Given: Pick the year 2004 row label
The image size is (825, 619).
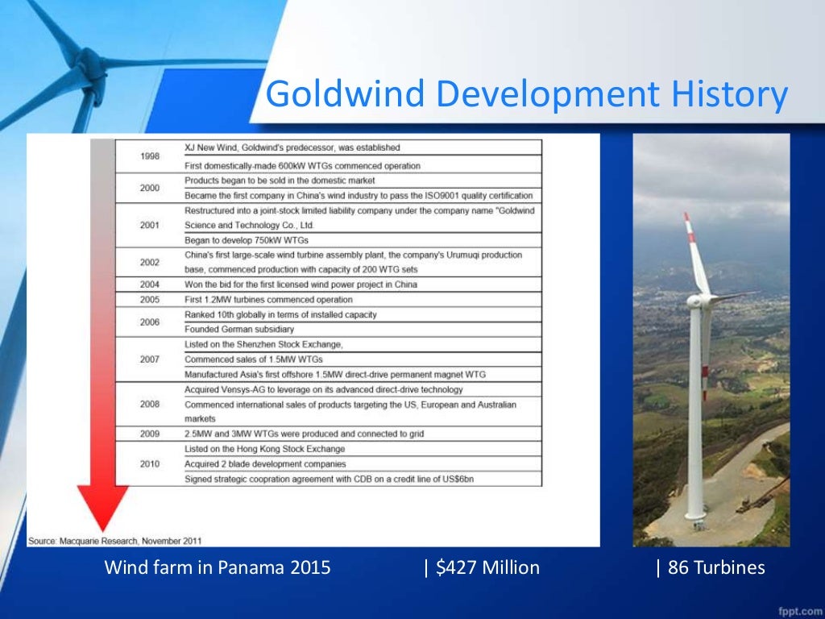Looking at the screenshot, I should (149, 285).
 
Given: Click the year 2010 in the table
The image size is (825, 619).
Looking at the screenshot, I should (149, 463).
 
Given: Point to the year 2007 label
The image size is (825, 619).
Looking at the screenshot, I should (149, 359).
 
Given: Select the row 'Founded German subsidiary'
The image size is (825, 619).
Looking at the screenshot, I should (239, 329).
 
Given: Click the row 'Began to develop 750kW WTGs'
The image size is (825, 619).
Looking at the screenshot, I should (247, 240).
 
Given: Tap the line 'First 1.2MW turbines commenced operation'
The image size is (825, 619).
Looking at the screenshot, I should (268, 299).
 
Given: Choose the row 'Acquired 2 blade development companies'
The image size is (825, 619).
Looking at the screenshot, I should (265, 463).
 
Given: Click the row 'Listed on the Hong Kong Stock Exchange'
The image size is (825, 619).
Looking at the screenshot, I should (264, 449).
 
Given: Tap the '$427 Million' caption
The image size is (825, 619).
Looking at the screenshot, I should (482, 567).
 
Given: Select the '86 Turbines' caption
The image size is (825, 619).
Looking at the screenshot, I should (711, 567).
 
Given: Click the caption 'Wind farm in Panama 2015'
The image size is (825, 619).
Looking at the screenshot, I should (218, 567).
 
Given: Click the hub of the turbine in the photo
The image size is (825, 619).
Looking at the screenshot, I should (694, 301).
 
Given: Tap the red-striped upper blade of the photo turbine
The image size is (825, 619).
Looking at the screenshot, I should (695, 250).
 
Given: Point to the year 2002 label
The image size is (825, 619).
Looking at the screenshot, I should (149, 262).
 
